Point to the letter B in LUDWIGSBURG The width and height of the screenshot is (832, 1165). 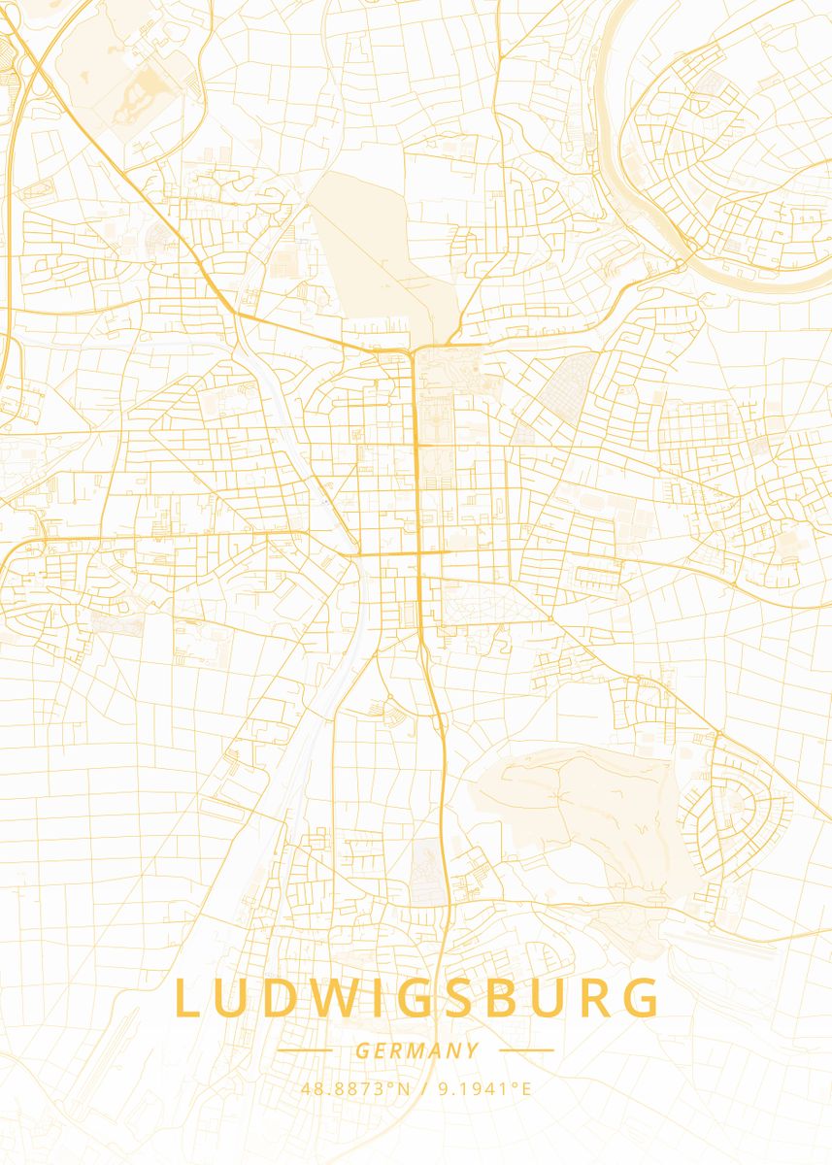pos(505,1000)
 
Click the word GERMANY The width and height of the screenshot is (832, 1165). pos(416,1050)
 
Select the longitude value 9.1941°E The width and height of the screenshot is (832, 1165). pos(484,1089)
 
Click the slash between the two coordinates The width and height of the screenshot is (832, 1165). pos(425,1089)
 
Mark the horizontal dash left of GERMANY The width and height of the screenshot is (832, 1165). pos(305,1050)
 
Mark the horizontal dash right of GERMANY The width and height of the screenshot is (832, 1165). pos(526,1050)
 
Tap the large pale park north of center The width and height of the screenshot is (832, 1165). pos(374,252)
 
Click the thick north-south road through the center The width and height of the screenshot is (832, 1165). pos(416,456)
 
